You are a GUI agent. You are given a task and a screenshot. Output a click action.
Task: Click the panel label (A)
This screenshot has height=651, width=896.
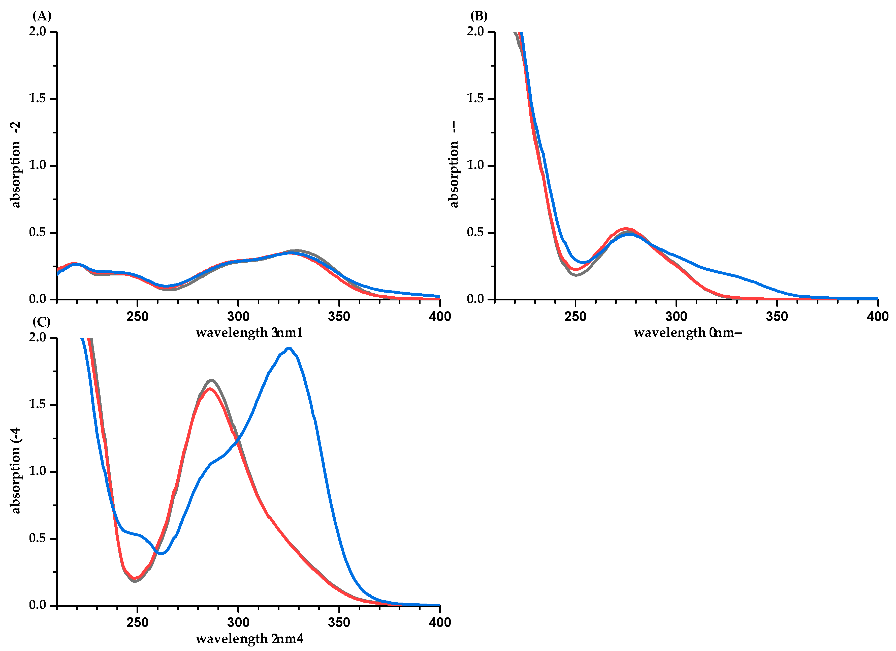pos(42,16)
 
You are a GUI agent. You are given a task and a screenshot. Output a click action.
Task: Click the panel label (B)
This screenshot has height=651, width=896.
pos(479,16)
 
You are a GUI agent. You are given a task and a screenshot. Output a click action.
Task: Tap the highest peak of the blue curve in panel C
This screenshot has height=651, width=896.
pos(289,348)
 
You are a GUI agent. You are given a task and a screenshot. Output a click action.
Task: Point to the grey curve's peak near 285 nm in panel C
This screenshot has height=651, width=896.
pos(212,380)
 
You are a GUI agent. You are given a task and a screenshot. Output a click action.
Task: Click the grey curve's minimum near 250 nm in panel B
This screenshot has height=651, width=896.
pos(577,275)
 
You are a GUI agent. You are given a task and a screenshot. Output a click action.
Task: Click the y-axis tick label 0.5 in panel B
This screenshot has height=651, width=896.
pos(475,232)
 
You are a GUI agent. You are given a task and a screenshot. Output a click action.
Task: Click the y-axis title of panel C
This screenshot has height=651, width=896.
pos(16,471)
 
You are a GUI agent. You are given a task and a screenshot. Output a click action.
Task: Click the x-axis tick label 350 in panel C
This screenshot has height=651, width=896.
pos(339,622)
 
